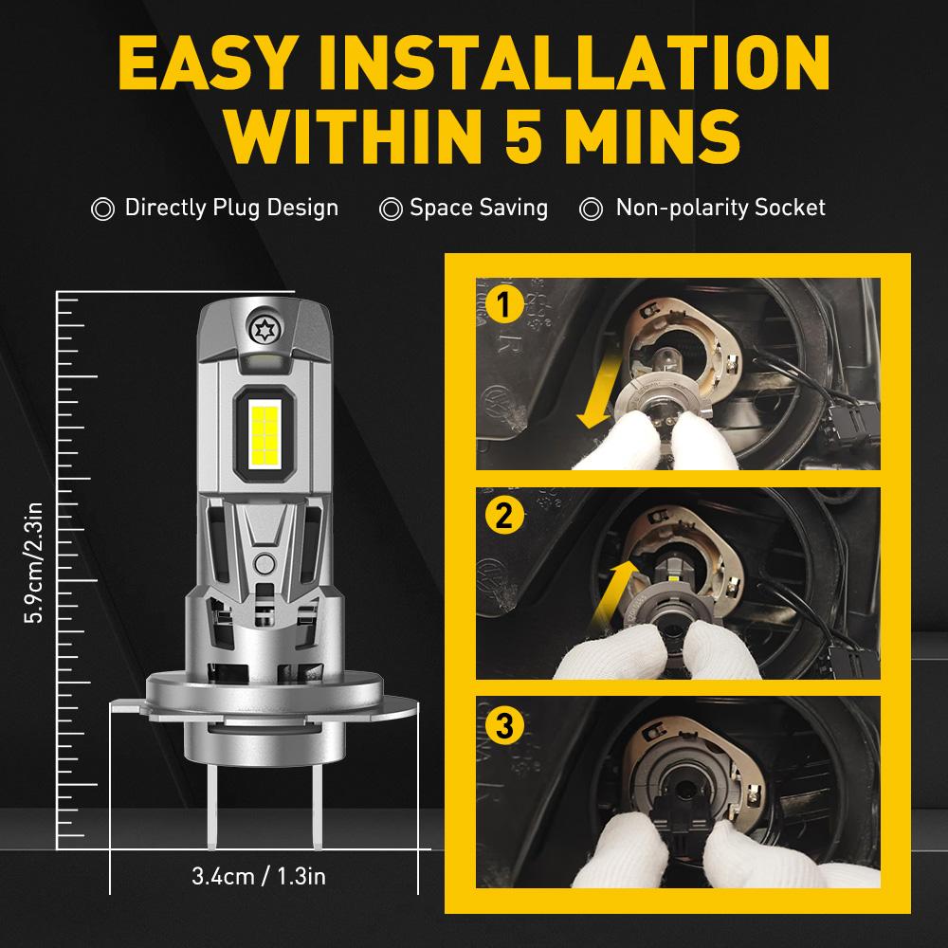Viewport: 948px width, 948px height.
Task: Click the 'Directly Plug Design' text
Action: tap(231, 208)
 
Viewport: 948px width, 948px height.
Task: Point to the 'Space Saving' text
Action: tap(479, 208)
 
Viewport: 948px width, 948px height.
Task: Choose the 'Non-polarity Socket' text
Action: tap(720, 208)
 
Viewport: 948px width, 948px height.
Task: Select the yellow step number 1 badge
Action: tap(504, 308)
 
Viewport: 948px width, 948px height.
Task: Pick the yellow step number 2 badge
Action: tap(504, 517)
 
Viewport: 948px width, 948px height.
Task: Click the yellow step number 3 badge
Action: tap(504, 727)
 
